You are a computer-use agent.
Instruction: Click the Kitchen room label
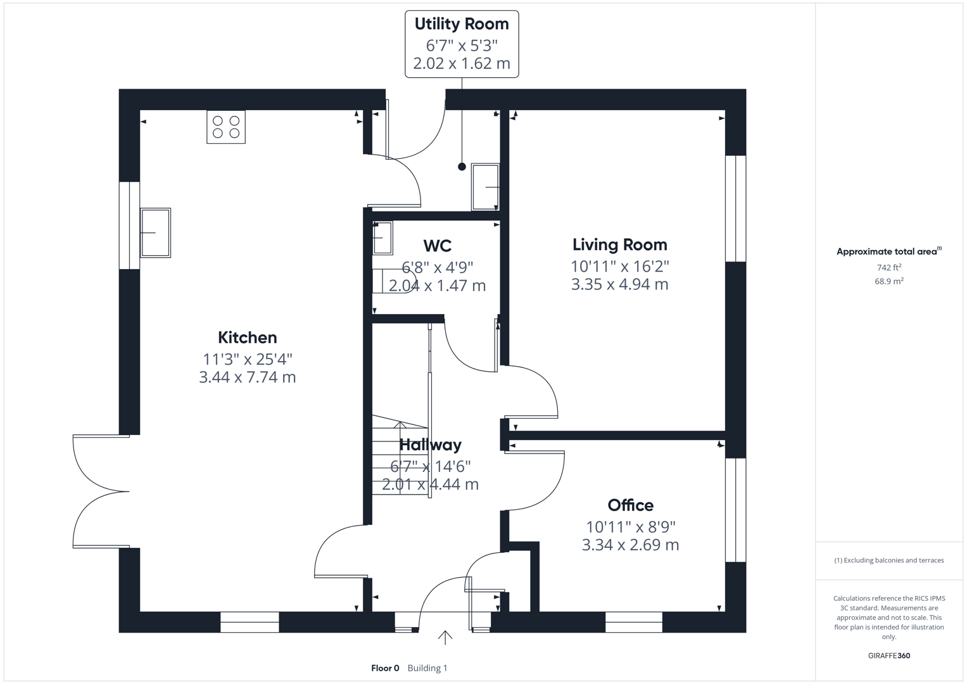pos(248,338)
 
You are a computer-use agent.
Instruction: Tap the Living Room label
pos(619,244)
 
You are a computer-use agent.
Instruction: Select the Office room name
pos(630,505)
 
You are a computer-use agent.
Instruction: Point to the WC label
pos(437,246)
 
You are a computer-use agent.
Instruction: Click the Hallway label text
pos(431,445)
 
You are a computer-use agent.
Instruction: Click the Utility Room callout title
pos(462,24)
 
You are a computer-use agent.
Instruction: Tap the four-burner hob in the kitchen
pos(226,127)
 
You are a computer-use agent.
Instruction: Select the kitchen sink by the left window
pos(155,232)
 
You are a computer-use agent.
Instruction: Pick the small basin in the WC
pos(382,237)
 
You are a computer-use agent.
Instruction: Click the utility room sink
pos(485,187)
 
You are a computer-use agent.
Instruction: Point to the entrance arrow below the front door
pos(445,638)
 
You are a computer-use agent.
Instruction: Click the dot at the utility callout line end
pos(462,167)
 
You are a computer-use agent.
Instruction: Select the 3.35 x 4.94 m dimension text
pos(619,284)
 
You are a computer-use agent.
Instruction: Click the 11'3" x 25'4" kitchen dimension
pos(248,359)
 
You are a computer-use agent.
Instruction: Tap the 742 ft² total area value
pos(888,268)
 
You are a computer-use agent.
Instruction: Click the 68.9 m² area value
pos(888,281)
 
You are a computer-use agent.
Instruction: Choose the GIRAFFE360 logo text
pos(888,655)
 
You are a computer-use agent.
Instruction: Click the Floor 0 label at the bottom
pos(385,668)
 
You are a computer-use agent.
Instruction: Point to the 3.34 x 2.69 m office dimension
pos(630,545)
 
